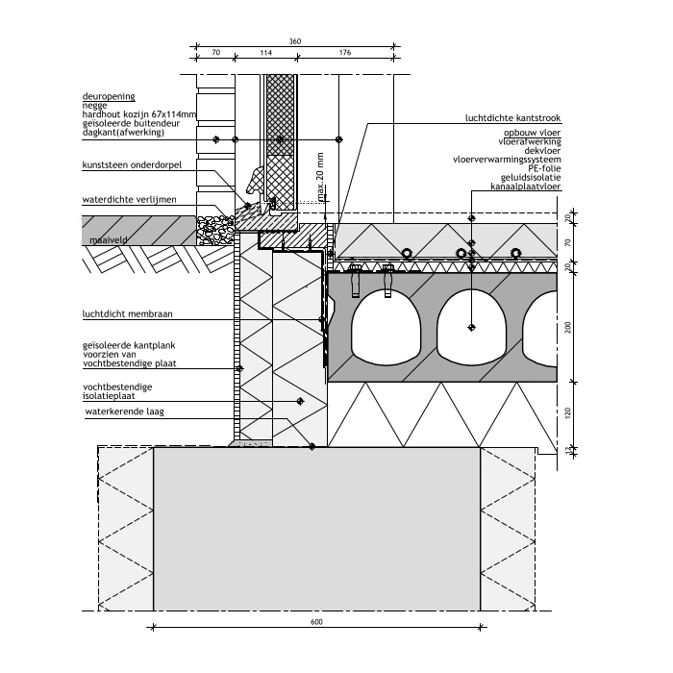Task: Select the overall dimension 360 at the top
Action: pos(294,41)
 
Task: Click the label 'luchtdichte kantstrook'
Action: pos(519,118)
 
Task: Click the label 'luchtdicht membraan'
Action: pos(122,313)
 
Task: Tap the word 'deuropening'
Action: pos(109,97)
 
